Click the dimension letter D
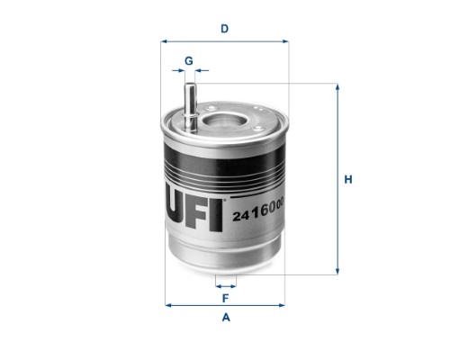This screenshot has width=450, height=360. tap(225, 29)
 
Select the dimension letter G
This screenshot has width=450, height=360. tap(189, 61)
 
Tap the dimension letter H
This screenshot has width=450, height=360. tap(348, 179)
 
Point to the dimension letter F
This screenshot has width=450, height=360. tap(225, 298)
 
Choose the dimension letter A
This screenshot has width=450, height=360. tap(226, 317)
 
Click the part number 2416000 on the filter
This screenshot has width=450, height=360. tap(258, 211)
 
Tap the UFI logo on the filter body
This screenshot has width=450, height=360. tap(195, 211)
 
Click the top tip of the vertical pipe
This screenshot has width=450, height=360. tap(190, 84)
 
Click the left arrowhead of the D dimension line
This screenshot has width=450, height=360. tap(164, 41)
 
